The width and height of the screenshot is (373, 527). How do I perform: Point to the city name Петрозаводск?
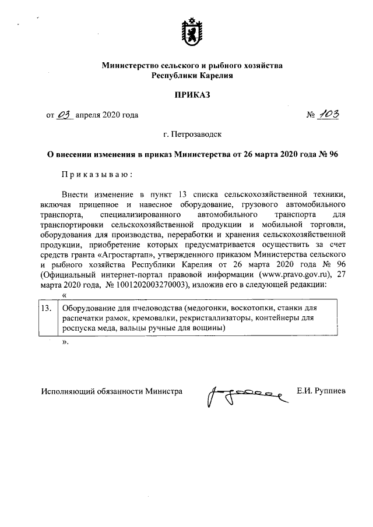[x=192, y=135]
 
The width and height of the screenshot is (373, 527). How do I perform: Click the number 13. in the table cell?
[x=47, y=307]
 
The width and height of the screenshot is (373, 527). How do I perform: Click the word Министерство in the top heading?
[x=130, y=66]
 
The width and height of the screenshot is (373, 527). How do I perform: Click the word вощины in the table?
[x=209, y=328]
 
